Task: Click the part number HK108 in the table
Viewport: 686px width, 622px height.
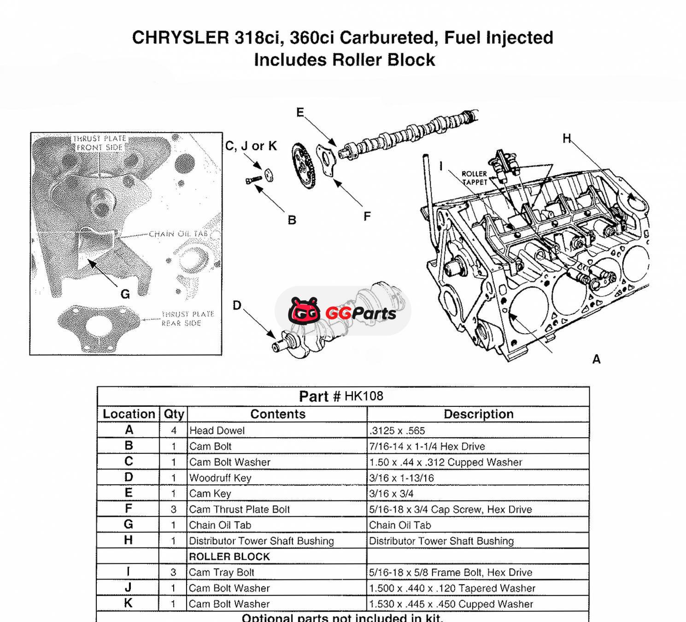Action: click(x=364, y=396)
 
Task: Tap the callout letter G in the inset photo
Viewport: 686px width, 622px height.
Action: click(x=125, y=294)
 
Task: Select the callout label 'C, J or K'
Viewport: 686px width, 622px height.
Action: click(x=251, y=146)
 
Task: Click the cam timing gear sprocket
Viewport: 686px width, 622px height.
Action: click(x=303, y=166)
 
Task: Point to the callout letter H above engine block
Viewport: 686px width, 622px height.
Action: click(x=567, y=138)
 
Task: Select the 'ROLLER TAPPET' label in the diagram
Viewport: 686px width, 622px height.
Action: click(x=474, y=178)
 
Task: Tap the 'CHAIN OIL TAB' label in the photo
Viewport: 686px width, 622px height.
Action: click(x=178, y=234)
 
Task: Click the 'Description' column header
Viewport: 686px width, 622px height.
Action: click(x=478, y=414)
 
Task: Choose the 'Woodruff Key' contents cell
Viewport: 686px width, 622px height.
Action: click(x=220, y=478)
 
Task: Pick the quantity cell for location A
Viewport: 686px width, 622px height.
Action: click(x=174, y=430)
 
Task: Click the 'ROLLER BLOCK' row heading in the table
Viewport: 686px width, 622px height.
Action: click(x=229, y=557)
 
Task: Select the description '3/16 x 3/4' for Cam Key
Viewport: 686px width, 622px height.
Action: click(x=391, y=493)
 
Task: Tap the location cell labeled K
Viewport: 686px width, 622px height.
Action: click(x=128, y=603)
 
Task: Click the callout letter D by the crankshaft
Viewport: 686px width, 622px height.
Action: click(x=237, y=305)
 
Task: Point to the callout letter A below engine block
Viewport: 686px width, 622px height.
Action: click(x=596, y=359)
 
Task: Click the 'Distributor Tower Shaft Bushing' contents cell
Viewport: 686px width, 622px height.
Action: click(x=261, y=541)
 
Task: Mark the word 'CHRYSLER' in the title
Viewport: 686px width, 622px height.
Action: click(x=180, y=37)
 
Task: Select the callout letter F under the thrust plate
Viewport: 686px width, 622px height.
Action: click(x=367, y=216)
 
